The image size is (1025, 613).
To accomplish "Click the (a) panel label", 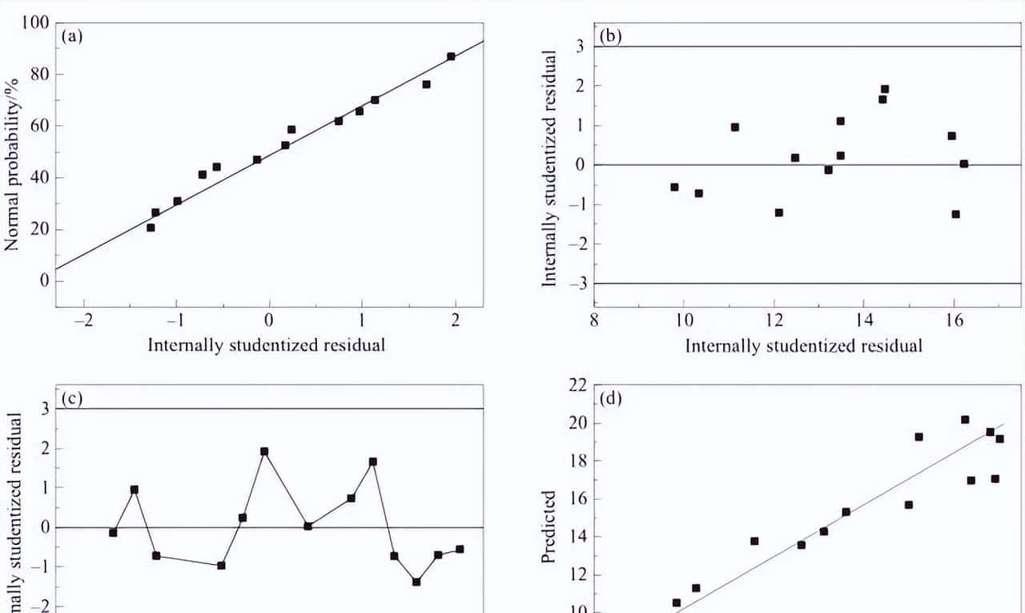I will (72, 36).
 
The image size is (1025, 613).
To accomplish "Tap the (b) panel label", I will (611, 37).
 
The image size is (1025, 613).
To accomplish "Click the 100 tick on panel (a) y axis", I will (36, 22).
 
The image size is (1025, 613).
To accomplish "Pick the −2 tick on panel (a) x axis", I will (82, 321).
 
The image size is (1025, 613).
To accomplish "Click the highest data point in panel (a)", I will (451, 56).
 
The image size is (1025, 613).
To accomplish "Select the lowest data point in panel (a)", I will (151, 228).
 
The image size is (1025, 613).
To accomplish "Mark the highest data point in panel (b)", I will (885, 89).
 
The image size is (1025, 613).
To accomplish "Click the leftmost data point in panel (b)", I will (674, 187).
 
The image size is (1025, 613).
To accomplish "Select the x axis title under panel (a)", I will (267, 345).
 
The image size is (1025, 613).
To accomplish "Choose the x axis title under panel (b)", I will (803, 345).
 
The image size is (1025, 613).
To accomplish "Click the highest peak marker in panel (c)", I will (264, 451).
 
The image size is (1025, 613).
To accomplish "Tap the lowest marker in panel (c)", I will (416, 582).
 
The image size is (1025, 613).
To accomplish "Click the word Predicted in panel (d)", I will (549, 526).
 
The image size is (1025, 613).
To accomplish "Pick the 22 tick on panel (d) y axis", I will (578, 385).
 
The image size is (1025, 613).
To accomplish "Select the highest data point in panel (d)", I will (965, 419).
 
